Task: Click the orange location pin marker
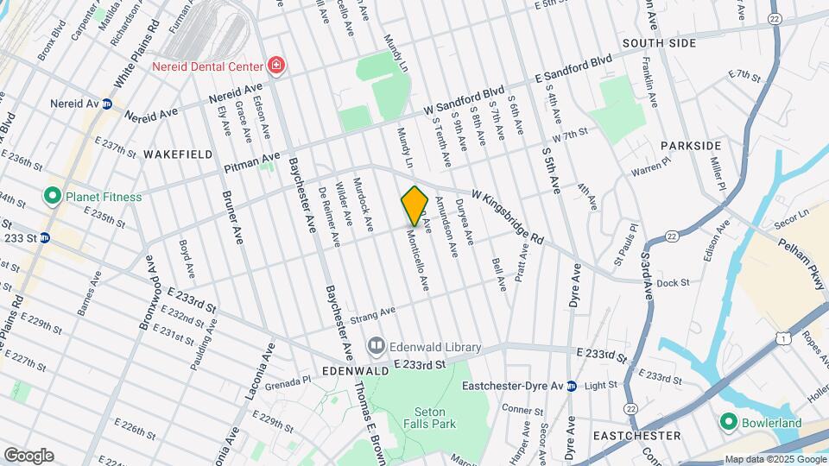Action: [x=415, y=205]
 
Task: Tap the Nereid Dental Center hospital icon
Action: [x=276, y=66]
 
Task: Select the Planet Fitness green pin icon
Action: [x=52, y=197]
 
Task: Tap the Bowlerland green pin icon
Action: [x=729, y=423]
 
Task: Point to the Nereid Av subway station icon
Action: [x=107, y=104]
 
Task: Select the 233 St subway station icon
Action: [x=44, y=237]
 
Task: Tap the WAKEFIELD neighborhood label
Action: [x=177, y=154]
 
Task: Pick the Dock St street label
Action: [x=673, y=282]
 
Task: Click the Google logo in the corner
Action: [x=28, y=455]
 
